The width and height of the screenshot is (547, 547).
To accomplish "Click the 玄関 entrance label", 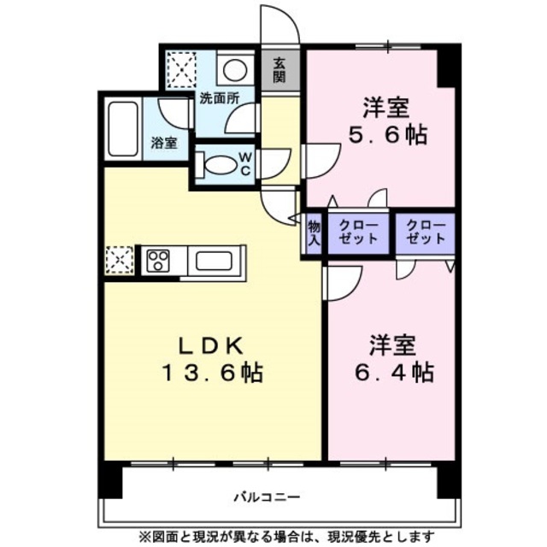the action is (x=279, y=70).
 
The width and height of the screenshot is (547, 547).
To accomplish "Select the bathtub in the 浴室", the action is (x=122, y=129).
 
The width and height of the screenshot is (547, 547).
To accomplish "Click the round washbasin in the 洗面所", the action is (x=235, y=70).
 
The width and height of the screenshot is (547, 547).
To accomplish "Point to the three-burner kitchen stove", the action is (x=158, y=261).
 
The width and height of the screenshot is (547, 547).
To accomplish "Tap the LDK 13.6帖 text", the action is (x=212, y=359).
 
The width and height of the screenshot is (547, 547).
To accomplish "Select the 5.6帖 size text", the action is (x=388, y=134).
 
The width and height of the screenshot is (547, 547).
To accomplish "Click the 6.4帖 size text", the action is (x=394, y=372).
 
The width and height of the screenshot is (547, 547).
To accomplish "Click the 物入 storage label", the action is (x=314, y=233).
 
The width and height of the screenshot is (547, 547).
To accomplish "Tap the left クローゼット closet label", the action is (x=358, y=232).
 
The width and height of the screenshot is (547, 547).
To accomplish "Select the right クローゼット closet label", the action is (x=426, y=232).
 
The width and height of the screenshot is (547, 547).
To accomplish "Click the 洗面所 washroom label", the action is (x=220, y=99).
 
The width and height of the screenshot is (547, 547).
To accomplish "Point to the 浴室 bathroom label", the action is (x=164, y=143).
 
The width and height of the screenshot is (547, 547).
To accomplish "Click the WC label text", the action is (x=245, y=163).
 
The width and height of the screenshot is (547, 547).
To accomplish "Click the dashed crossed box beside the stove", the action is (x=120, y=260).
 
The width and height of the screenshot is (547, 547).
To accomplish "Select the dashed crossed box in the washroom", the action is (x=181, y=70).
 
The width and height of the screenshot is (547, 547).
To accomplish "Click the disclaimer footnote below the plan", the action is (x=287, y=536).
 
